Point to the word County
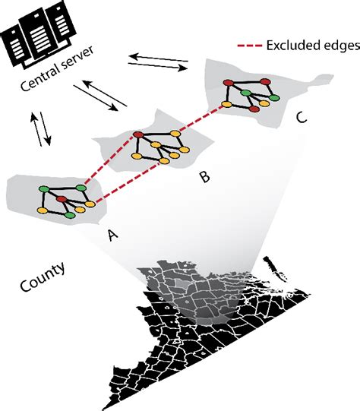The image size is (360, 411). (41, 267)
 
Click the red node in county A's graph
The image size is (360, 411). (61, 200)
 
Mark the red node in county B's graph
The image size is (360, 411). (137, 135)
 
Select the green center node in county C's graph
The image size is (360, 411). (245, 93)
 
